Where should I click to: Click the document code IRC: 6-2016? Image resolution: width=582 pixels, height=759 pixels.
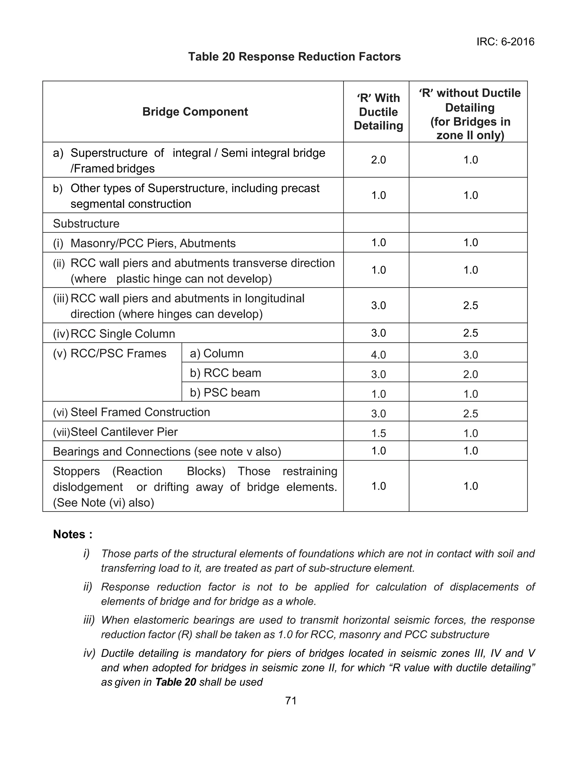tap(505, 42)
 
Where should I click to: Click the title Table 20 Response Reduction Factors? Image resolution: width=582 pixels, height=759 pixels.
tap(294, 57)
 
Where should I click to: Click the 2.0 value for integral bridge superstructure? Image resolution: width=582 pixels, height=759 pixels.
tap(378, 160)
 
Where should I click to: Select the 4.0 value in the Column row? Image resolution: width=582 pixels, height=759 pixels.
tap(378, 355)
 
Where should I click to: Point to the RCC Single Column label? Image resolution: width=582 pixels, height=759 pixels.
tap(123, 334)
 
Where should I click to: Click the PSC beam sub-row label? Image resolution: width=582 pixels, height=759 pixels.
tap(225, 393)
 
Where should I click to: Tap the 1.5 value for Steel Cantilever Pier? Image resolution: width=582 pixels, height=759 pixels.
tap(378, 433)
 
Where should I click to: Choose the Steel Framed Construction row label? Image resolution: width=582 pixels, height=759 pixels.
tap(140, 412)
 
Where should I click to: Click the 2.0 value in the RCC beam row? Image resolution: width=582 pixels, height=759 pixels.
tap(470, 374)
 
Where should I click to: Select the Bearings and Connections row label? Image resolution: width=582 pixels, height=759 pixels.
tap(167, 452)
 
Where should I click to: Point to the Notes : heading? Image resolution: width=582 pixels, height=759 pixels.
tap(73, 534)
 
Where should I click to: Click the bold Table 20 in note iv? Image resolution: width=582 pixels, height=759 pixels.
tap(176, 682)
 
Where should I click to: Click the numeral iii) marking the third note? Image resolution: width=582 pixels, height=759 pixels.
tap(89, 620)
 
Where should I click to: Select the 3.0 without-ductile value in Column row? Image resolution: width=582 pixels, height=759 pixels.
tap(470, 355)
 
